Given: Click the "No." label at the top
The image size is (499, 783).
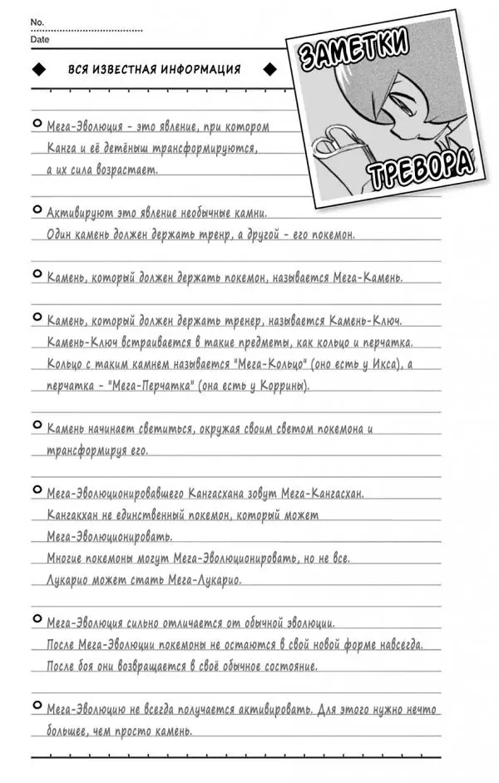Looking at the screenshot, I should click(36, 21).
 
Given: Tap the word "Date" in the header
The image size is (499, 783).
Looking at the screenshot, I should click(39, 39).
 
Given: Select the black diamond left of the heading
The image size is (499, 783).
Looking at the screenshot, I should click(38, 70).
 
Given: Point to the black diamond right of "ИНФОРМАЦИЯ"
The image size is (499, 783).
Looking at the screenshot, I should click(269, 70).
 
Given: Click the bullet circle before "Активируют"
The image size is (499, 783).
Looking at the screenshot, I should click(37, 210).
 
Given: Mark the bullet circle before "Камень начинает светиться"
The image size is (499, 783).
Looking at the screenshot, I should click(37, 426).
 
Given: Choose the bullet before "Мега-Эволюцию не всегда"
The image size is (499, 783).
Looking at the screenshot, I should click(37, 707).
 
